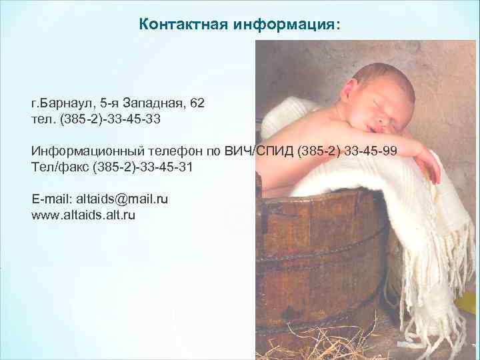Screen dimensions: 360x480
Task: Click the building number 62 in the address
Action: click(197, 103)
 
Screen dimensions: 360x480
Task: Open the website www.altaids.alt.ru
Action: click(83, 215)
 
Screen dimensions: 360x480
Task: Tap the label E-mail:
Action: click(52, 199)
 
